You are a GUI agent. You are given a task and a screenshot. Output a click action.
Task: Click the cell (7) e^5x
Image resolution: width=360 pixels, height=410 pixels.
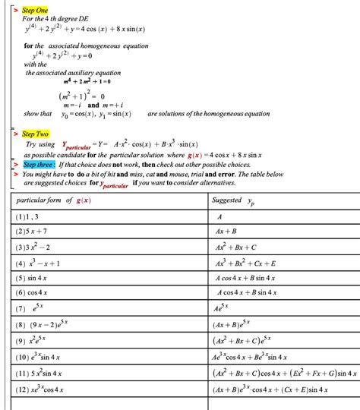pos(31,307)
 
